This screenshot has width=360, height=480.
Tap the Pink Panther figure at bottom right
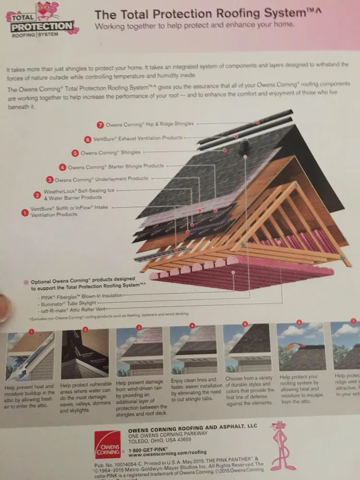284,444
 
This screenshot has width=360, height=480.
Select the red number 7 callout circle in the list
100,124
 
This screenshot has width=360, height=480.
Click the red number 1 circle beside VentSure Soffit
24,211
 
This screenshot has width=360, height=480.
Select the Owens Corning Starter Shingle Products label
116,167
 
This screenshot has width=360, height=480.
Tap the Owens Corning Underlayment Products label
101,179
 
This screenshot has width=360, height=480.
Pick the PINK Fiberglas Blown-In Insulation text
81,296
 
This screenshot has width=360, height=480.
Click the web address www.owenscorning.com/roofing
168,452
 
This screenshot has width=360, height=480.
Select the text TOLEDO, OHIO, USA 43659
160,438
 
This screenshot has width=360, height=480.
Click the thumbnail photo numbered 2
85,354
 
